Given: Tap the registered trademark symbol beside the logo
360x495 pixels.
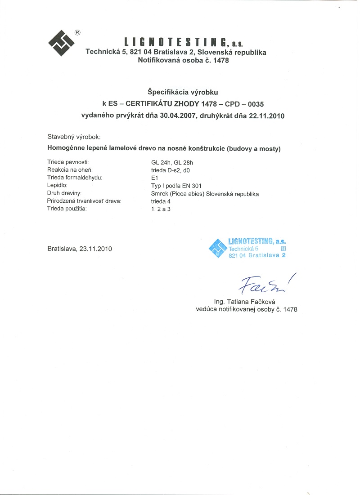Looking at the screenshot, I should (x=77, y=32).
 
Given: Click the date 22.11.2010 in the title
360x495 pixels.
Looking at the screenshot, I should (x=266, y=115).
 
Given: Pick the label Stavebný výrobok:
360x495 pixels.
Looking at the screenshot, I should (x=74, y=136).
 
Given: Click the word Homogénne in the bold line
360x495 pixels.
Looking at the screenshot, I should (x=66, y=148).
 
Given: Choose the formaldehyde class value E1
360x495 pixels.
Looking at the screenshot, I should (x=155, y=178).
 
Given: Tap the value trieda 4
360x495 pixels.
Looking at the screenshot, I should (x=161, y=201).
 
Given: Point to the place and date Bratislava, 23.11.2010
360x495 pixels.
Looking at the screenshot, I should (x=80, y=248).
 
